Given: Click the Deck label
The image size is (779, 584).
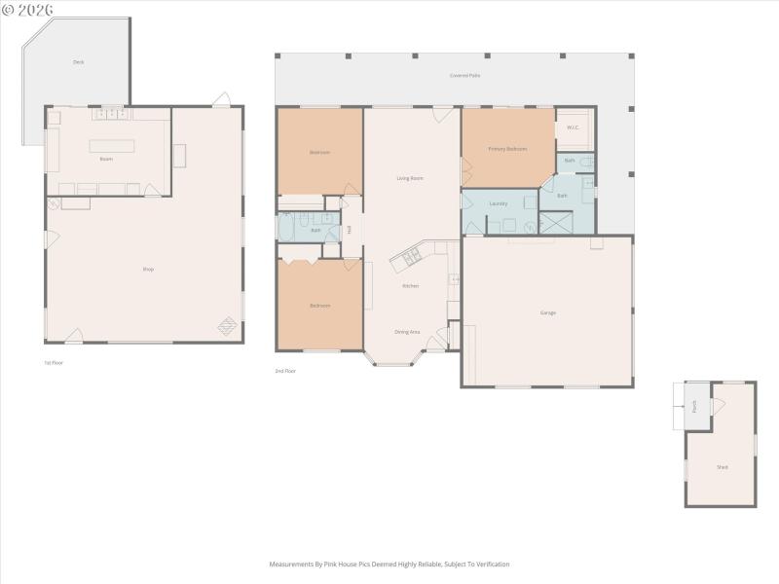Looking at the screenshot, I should coord(78,61).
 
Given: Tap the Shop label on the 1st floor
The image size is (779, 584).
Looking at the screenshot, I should coord(149,269).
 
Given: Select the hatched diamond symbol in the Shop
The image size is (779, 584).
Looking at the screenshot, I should coord(227,327).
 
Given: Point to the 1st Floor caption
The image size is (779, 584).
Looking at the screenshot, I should coord(53,362).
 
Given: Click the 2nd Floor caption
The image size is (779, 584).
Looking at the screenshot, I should coord(285,371).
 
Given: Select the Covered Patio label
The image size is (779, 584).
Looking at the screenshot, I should coord(464,75).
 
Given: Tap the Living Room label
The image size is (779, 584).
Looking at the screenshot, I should coord(410,178).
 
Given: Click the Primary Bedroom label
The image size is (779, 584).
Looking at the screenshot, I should coord(507,149).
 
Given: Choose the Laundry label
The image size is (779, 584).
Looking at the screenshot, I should coord(499,203).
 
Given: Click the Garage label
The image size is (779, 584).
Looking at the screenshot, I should coord(548,312).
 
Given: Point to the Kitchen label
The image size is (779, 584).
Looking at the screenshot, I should coord(410,285).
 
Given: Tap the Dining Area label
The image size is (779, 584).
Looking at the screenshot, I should coord(407,332).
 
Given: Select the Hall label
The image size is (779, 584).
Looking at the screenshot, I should coord(350,230).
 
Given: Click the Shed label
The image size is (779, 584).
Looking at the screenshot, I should coord(722,467).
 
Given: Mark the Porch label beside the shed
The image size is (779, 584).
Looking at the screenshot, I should coord(694,406).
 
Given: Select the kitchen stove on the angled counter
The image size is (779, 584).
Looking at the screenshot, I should coord(410,257).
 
